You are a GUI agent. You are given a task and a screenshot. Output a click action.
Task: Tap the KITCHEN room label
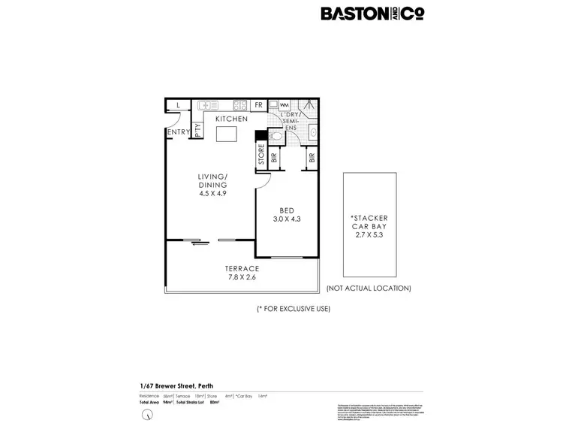pos(231,119)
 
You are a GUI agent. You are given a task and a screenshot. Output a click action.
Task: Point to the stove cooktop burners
pos(241,106)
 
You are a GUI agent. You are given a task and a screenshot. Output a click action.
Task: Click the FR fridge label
pos(258,106)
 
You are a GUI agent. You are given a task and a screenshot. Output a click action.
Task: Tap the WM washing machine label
pos(285,104)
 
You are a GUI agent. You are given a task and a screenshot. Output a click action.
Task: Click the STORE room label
pos(261,157)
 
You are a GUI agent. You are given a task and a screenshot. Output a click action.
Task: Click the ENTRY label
pos(179,133)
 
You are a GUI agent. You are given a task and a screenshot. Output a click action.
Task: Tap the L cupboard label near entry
pos(178,105)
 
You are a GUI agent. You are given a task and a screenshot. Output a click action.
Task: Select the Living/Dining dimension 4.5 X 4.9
pos(212,193)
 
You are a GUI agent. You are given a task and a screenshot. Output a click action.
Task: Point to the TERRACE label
pos(242,268)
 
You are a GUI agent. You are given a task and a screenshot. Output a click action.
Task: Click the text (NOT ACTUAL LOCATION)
pos(368,288)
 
